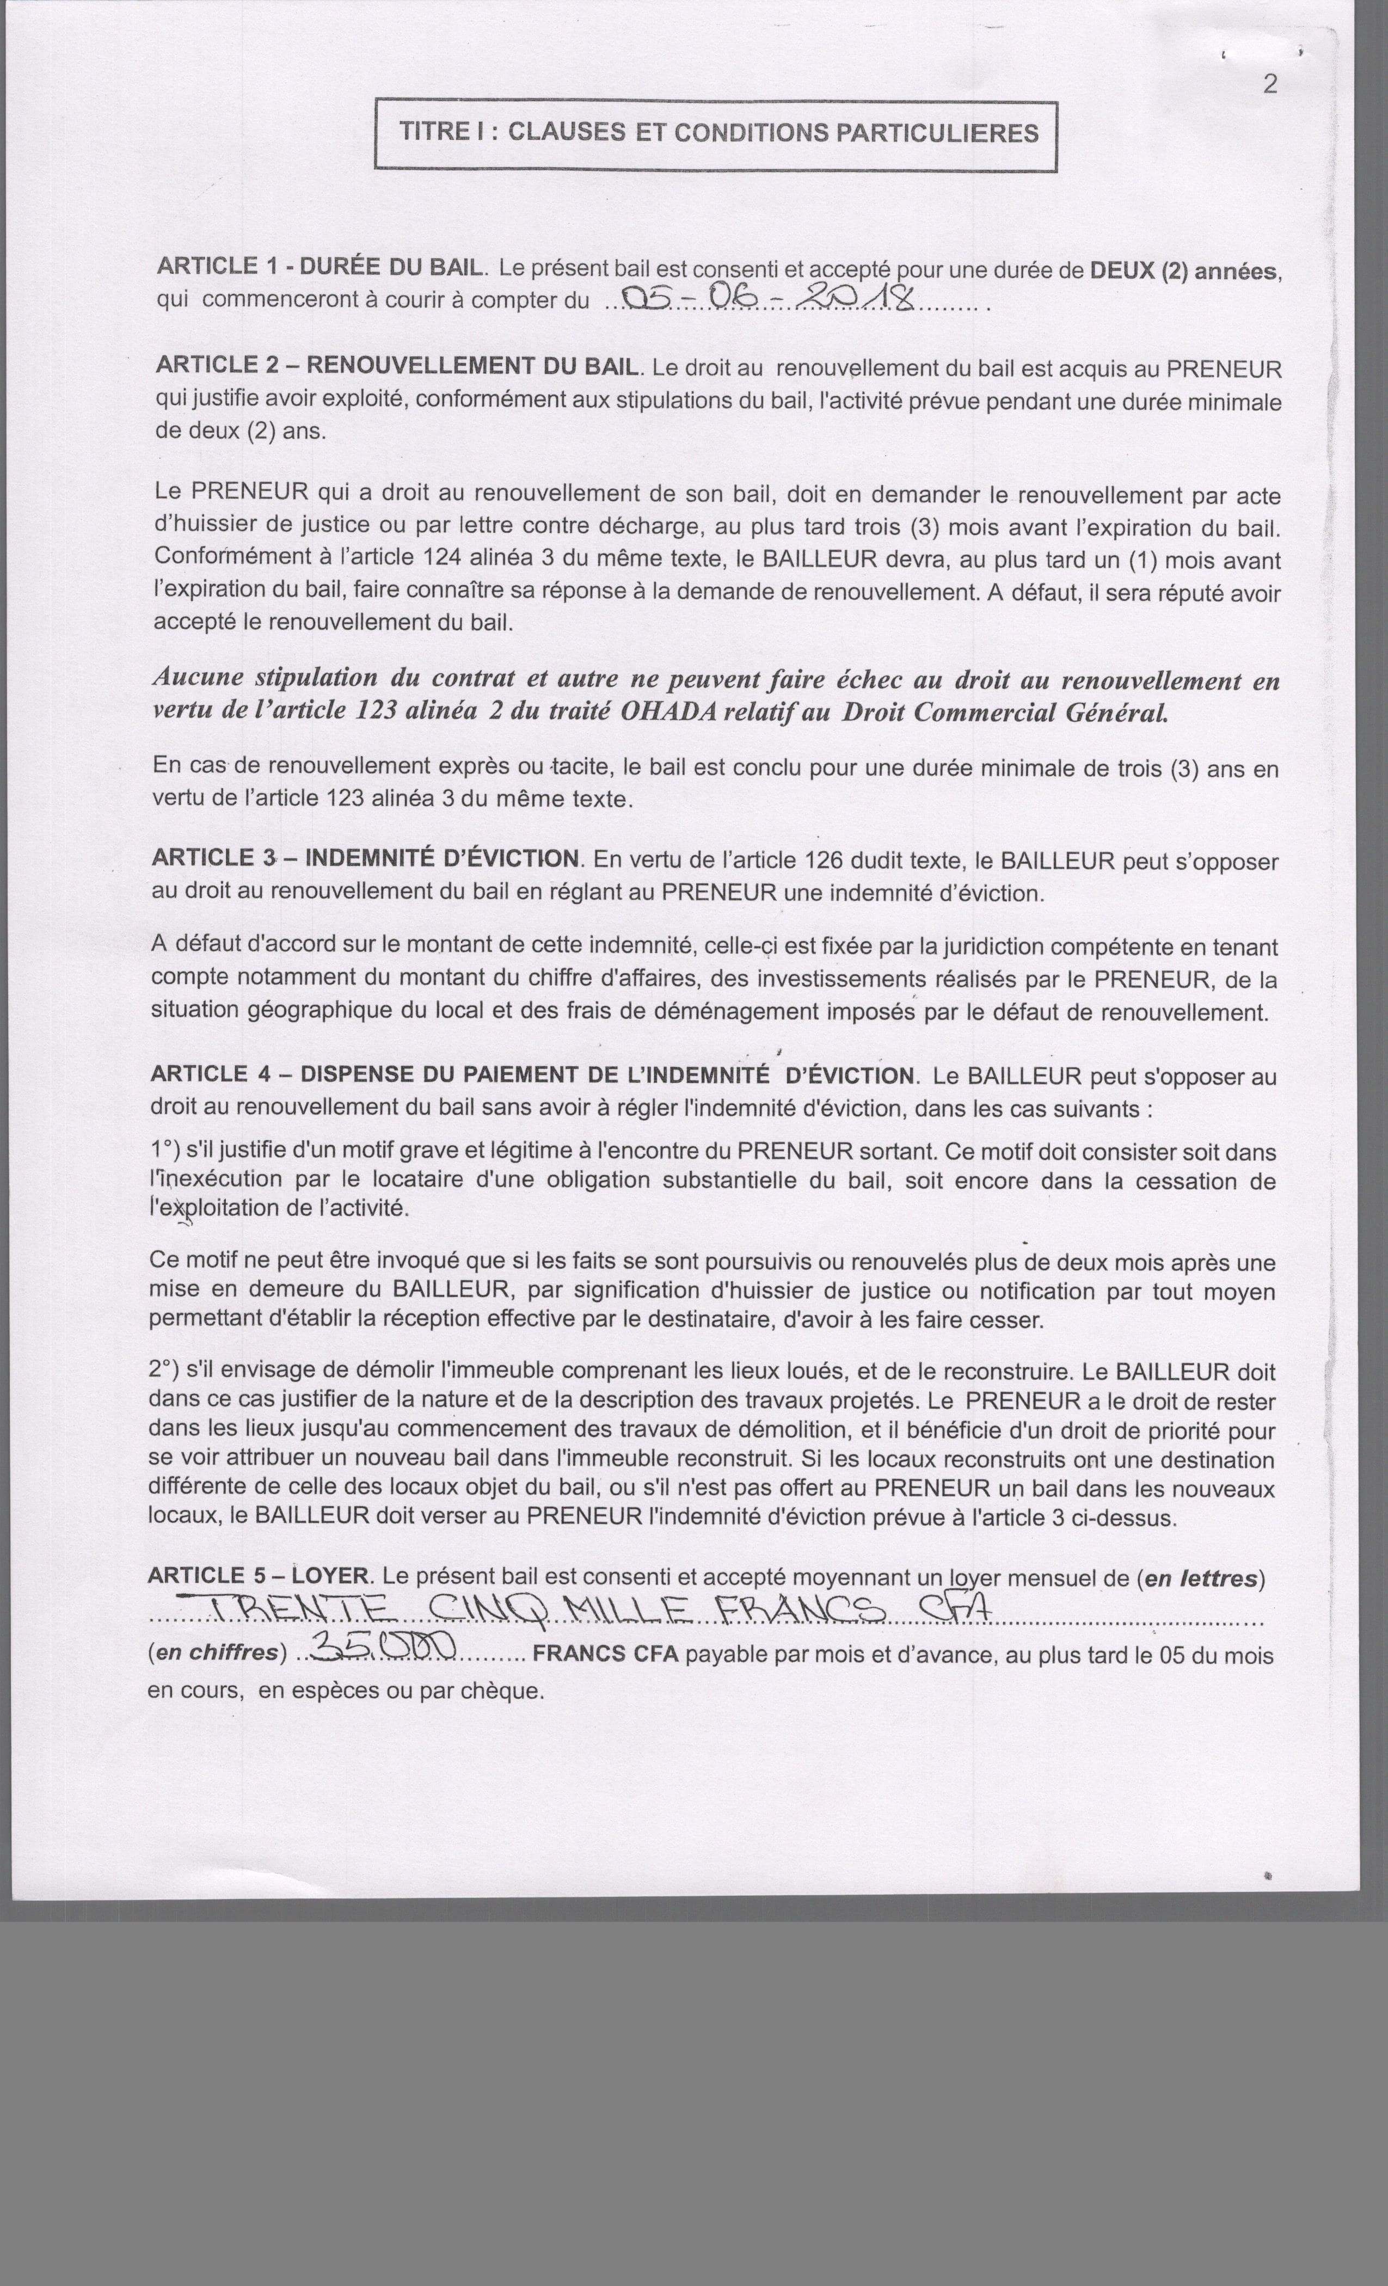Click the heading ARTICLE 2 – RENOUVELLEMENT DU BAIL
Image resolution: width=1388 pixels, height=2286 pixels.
point(397,366)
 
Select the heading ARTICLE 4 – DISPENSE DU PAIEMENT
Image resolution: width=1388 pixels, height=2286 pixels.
point(532,1074)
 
